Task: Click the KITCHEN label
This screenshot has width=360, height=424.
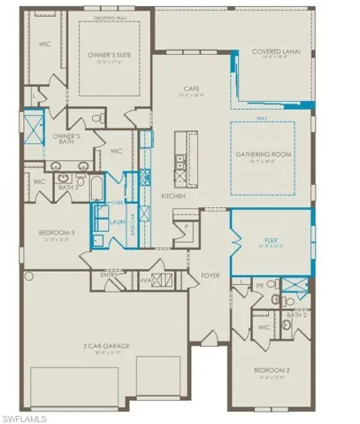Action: coord(172,196)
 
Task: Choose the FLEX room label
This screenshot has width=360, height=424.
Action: coord(272,240)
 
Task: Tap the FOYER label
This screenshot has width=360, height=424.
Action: coord(210,275)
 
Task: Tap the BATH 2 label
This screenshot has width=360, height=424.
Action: coord(297,313)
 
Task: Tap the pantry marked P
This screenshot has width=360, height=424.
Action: coord(187,227)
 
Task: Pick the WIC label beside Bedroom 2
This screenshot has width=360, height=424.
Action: coord(263,327)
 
